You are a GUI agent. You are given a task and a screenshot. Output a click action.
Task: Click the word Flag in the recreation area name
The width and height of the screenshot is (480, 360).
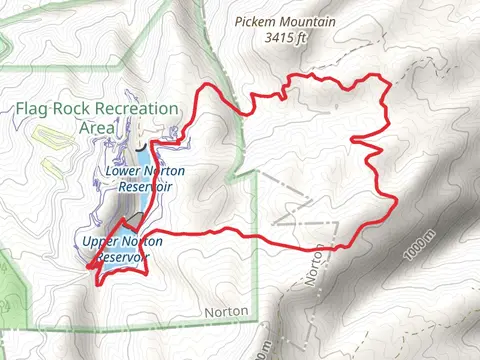click(32, 109)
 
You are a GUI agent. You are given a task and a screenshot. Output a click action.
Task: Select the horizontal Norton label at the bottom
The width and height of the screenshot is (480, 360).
click(225, 311)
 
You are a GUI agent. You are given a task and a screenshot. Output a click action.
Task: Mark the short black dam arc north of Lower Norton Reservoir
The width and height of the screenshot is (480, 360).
click(152, 144)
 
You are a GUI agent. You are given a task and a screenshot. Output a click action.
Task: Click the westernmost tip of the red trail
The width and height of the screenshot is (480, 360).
click(87, 267)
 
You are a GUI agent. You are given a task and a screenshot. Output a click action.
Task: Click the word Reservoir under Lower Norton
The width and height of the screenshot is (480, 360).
click(144, 185)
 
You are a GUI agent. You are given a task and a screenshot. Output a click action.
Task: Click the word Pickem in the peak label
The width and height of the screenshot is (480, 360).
click(254, 20)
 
